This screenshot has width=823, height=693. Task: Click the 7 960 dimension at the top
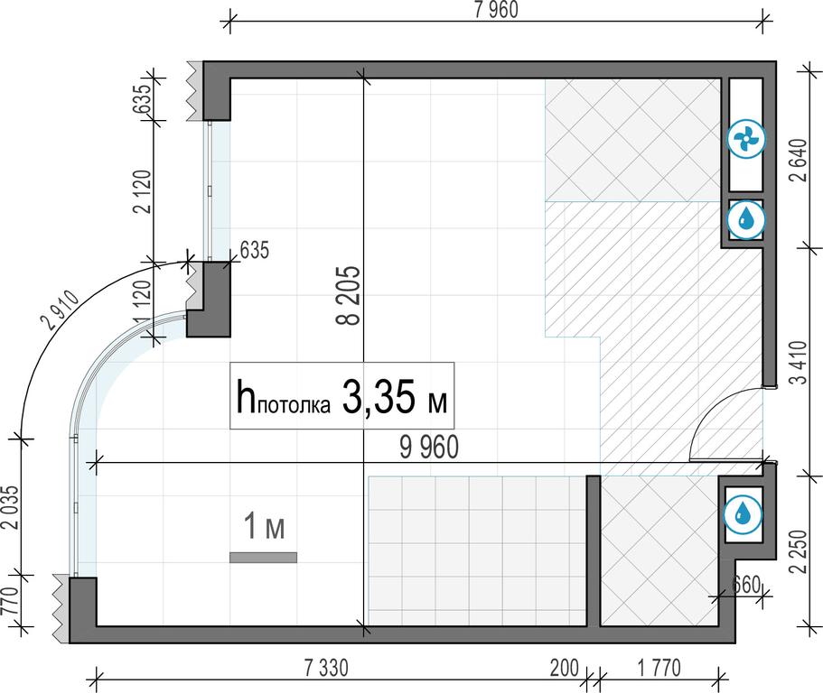coord(496,9)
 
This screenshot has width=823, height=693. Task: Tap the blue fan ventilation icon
coord(746,140)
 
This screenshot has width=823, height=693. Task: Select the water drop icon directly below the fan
coord(746,219)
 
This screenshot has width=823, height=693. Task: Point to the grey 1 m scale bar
coord(263,558)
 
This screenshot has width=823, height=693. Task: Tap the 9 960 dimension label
coord(429,448)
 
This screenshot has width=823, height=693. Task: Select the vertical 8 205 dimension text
coord(349,295)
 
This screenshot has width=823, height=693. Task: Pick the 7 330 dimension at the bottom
coord(326,669)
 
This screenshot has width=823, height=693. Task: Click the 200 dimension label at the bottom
coord(565,669)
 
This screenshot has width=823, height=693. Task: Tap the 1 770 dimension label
coord(659,669)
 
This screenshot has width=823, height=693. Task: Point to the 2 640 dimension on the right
coord(800,160)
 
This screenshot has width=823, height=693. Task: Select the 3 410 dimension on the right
coord(800,362)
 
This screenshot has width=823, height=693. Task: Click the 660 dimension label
coord(746,584)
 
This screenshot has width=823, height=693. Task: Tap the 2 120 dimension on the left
coord(142,191)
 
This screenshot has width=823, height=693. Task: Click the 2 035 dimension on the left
coord(11,507)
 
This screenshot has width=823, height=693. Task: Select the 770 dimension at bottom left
coord(11,601)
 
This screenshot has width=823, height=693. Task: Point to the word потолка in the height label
coord(295,405)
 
